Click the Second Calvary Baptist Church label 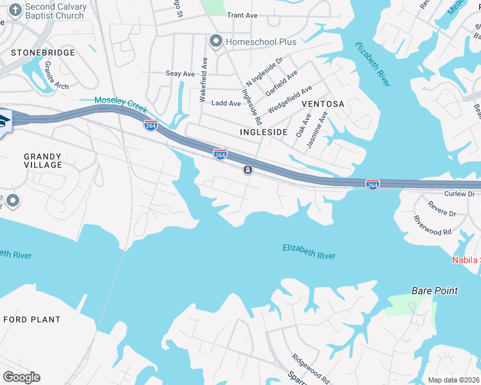point(55,11)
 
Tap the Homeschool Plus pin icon point(215,42)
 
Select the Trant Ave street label point(242,15)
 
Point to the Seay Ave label point(180,74)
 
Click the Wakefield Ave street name point(203,82)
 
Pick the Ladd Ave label point(226,103)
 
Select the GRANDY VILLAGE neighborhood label point(43,160)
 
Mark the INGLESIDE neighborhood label point(263,132)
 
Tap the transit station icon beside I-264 point(248,170)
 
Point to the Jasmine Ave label point(317,130)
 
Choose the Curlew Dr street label point(459,193)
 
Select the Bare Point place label point(435,291)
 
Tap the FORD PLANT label point(32,320)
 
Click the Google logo point(21,377)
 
